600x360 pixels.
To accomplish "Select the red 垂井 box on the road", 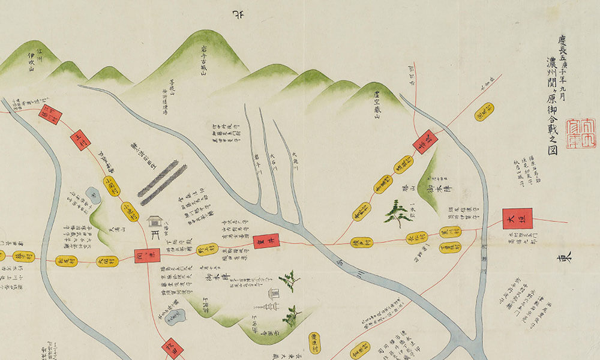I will (x=266, y=241).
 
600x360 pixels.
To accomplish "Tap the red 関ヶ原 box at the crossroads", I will (x=147, y=257).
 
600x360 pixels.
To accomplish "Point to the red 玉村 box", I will (x=80, y=140).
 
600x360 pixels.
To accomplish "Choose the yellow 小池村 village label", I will (x=130, y=211).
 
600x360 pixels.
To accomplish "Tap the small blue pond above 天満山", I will (x=93, y=194).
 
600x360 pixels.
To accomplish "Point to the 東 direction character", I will (x=566, y=257).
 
